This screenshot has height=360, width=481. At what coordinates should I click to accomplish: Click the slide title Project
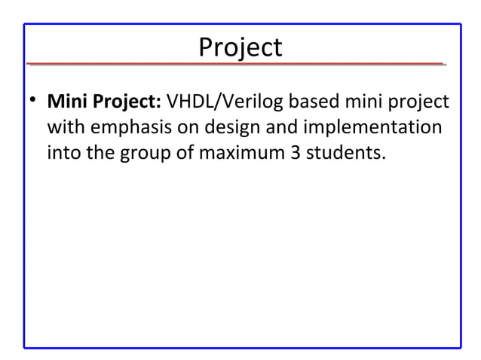pos(240,47)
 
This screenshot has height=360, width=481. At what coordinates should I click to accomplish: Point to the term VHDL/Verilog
pos(231,101)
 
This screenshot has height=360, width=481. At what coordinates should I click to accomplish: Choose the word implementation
pos(382,128)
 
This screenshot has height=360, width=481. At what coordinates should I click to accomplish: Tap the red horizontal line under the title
pos(240,65)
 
